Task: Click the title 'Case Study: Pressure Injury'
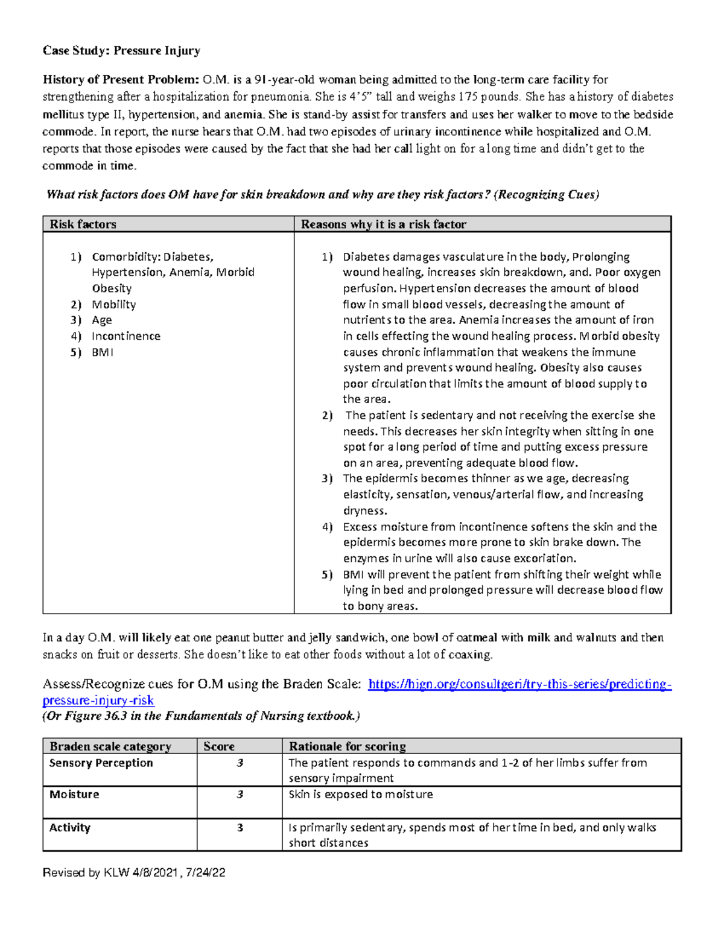[x=121, y=51]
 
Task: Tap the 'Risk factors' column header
[x=83, y=224]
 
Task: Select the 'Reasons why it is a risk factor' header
[x=384, y=224]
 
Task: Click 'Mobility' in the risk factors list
[x=113, y=305]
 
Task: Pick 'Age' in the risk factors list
[x=101, y=320]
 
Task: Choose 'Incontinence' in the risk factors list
[x=125, y=336]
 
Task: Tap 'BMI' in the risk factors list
[x=102, y=352]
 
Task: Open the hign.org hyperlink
[x=519, y=684]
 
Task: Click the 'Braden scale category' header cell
[x=110, y=746]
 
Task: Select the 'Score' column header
[x=219, y=746]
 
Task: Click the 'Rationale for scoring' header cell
[x=348, y=746]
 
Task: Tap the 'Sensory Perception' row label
[x=101, y=763]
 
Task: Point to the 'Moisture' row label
[x=74, y=795]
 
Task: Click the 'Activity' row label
[x=69, y=828]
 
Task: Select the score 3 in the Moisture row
[x=240, y=795]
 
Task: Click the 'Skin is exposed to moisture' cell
[x=361, y=795]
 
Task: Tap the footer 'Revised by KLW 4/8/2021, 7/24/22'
[x=134, y=872]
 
